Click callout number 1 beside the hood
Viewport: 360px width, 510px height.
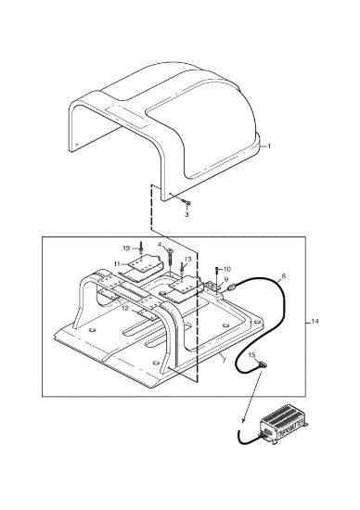[x=269, y=147]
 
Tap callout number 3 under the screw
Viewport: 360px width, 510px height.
[x=186, y=215]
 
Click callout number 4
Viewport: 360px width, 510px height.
[x=160, y=244]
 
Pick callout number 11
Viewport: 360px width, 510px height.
[x=117, y=263]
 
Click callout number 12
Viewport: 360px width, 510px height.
[x=125, y=309]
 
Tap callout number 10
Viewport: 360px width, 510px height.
[x=227, y=269]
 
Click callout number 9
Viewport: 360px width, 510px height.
[x=225, y=279]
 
